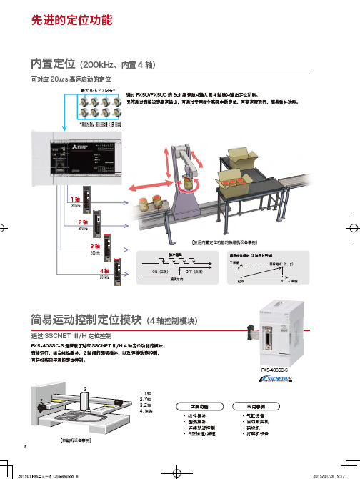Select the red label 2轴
(83, 222)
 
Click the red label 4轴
(104, 272)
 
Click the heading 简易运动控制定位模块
(80, 319)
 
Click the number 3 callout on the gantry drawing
(86, 388)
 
